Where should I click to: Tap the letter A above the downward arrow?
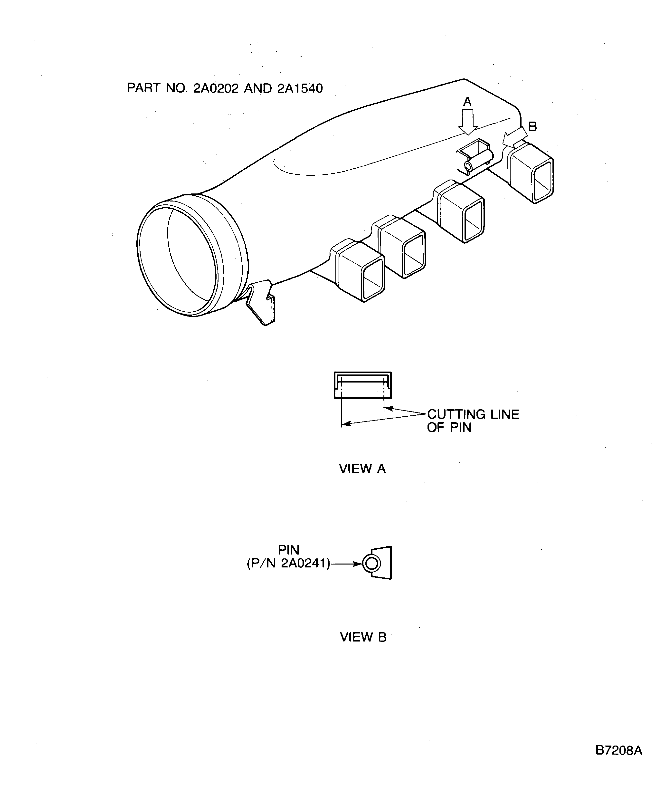pyautogui.click(x=467, y=102)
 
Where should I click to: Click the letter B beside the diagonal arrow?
pyautogui.click(x=532, y=126)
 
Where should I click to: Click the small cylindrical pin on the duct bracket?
pyautogui.click(x=479, y=161)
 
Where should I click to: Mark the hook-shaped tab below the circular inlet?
pyautogui.click(x=261, y=303)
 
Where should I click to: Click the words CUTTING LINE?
pyautogui.click(x=473, y=414)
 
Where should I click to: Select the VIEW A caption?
pyautogui.click(x=362, y=469)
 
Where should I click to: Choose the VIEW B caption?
pyautogui.click(x=363, y=637)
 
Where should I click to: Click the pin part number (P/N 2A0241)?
pyautogui.click(x=288, y=564)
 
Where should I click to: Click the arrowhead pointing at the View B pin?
pyautogui.click(x=358, y=564)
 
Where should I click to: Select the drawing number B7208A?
pyautogui.click(x=618, y=750)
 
